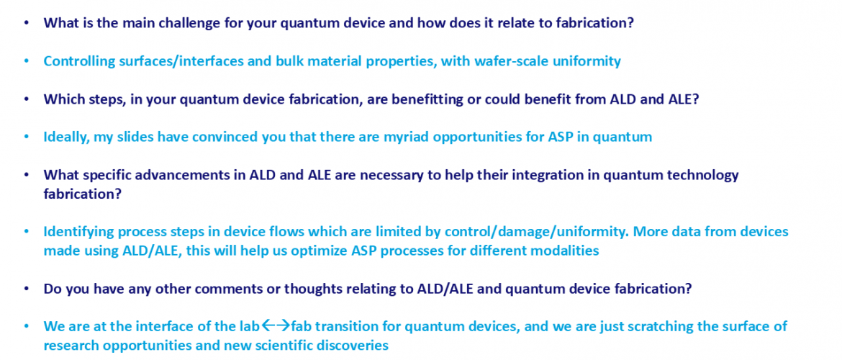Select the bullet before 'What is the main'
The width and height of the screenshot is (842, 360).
tap(27, 24)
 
